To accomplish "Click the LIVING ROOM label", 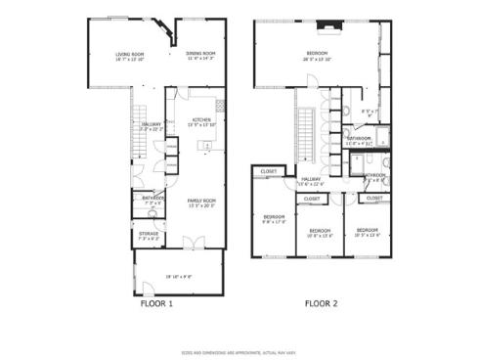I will [130, 54].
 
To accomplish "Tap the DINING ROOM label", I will [201, 54].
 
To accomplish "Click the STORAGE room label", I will [148, 234].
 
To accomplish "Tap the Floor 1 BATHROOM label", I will [152, 198].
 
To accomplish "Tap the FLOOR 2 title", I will [320, 303].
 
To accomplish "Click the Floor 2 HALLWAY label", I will [311, 179].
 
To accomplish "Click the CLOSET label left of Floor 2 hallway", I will [268, 173].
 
